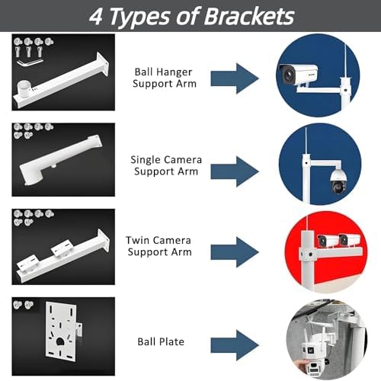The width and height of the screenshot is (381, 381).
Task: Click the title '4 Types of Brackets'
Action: pyautogui.click(x=190, y=15)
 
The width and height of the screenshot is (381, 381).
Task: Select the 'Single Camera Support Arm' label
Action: pyautogui.click(x=165, y=165)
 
